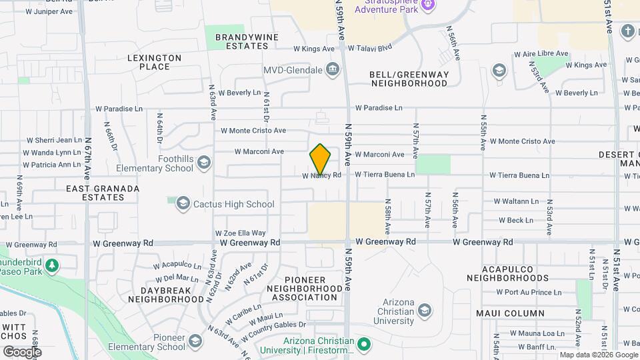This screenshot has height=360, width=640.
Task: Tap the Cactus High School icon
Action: [x=183, y=204]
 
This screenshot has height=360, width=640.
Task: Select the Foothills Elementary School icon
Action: [x=203, y=162]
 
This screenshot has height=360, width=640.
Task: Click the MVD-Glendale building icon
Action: [x=331, y=70]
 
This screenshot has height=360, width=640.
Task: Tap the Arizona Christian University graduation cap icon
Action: [x=424, y=311]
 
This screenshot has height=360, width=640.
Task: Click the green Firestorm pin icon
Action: [x=363, y=344]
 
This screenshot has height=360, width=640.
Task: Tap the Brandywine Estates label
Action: [x=237, y=41]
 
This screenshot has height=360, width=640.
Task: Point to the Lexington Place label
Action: [x=155, y=63]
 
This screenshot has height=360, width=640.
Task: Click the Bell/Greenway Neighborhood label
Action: [x=409, y=79]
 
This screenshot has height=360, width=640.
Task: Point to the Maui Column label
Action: [x=511, y=313]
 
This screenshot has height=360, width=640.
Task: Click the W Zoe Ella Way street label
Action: [x=240, y=233]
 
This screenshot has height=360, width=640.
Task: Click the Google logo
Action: [x=22, y=351]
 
